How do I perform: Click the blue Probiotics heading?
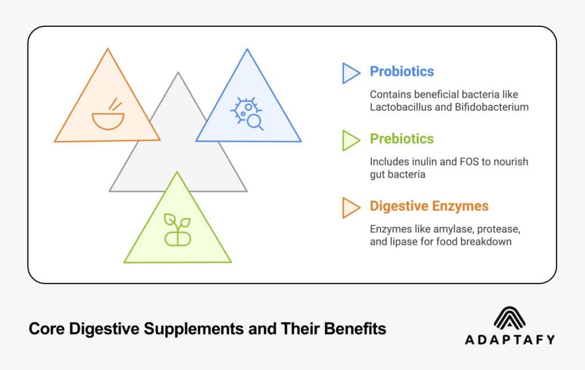[402, 71]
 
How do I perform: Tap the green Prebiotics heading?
[402, 139]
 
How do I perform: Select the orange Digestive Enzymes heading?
[429, 206]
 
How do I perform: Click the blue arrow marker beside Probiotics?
[351, 73]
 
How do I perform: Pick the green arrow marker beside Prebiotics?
[351, 140]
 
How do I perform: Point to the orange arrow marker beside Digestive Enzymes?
[351, 207]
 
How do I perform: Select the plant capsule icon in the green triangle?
[177, 230]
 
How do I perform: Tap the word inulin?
[422, 162]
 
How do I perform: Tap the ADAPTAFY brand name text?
[510, 340]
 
